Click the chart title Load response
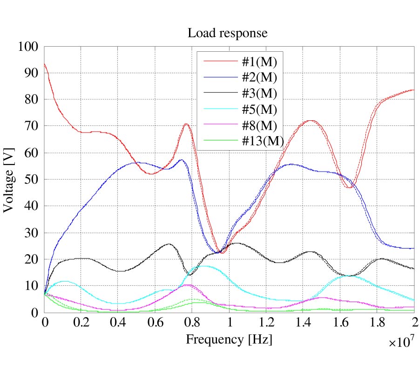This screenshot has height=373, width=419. pyautogui.click(x=227, y=34)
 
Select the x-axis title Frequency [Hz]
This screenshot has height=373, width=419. pyautogui.click(x=229, y=339)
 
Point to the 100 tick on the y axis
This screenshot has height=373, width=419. pyautogui.click(x=28, y=47)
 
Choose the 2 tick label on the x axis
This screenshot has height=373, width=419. pyautogui.click(x=414, y=323)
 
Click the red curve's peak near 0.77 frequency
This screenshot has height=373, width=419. pyautogui.click(x=186, y=124)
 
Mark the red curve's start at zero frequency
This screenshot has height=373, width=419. pyautogui.click(x=45, y=64)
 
